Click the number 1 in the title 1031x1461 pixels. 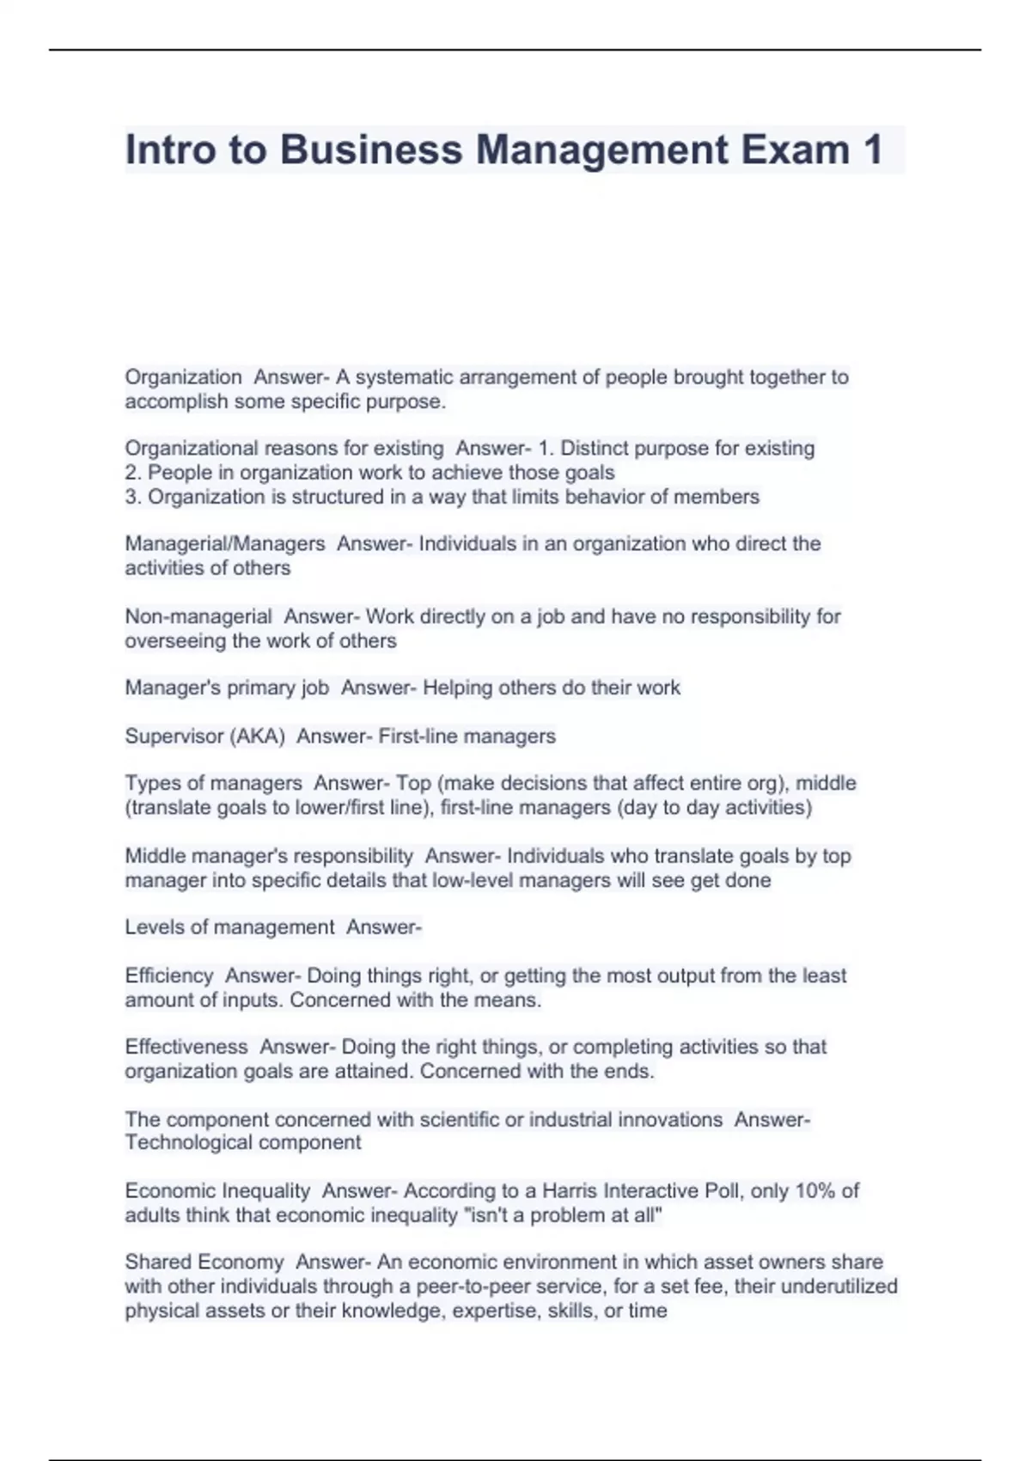(x=872, y=150)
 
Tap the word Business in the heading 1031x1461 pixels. (x=371, y=150)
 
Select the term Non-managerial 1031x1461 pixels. (x=198, y=616)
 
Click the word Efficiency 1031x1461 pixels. (x=169, y=975)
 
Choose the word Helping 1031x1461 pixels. (x=457, y=688)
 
